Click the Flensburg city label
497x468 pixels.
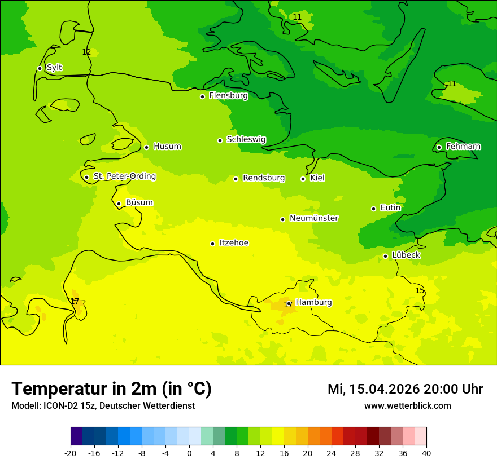(228, 96)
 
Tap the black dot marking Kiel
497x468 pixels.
(303, 179)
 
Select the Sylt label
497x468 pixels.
(54, 68)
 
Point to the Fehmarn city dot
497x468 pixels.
(439, 147)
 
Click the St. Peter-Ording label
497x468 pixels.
(124, 176)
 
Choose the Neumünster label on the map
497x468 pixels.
(314, 218)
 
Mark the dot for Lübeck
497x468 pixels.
(385, 256)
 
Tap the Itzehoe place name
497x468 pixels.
(234, 243)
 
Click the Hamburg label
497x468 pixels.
(313, 303)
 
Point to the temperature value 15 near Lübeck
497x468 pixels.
(420, 290)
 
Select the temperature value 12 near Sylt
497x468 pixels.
(86, 52)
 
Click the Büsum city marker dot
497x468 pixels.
(119, 204)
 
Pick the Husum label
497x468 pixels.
(167, 147)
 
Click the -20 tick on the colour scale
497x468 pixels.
(71, 453)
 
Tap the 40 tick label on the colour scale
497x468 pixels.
(426, 453)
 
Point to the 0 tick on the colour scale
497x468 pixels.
(189, 453)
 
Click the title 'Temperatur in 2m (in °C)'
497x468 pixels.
(111, 389)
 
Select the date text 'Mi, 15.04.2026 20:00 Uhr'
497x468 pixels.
(405, 389)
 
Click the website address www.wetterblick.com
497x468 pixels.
(407, 406)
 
